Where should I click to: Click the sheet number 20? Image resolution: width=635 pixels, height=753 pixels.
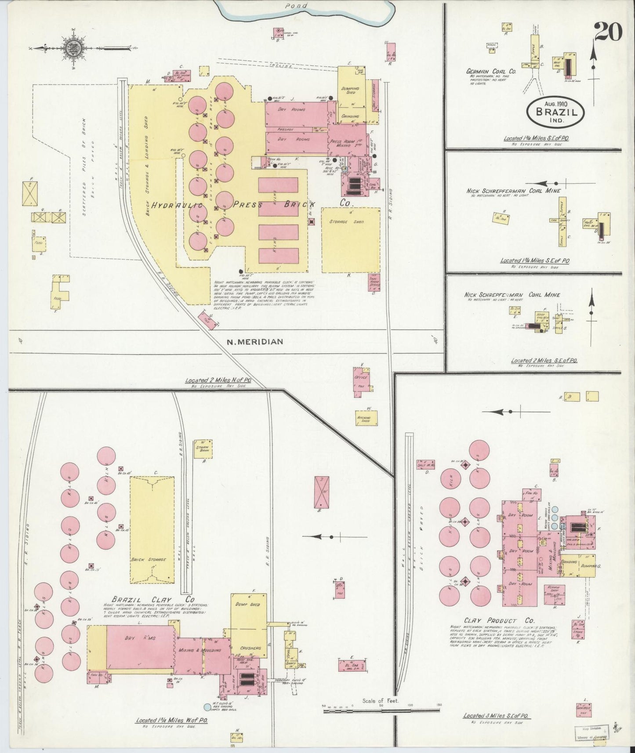pyautogui.click(x=608, y=31)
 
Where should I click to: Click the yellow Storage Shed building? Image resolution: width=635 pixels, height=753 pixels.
pyautogui.click(x=350, y=240)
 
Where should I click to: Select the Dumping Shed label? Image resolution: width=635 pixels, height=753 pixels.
pyautogui.click(x=350, y=91)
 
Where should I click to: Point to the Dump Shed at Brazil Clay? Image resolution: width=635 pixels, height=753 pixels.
pyautogui.click(x=249, y=605)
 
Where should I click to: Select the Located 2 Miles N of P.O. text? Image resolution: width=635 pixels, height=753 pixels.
pyautogui.click(x=218, y=381)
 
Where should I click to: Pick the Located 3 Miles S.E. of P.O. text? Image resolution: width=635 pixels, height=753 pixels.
pyautogui.click(x=496, y=716)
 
